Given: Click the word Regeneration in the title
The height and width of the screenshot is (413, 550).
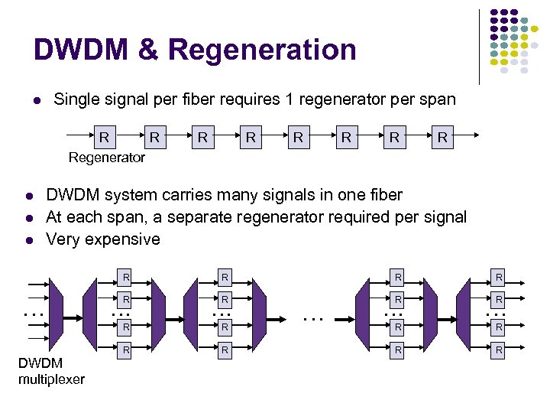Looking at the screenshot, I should [262, 50].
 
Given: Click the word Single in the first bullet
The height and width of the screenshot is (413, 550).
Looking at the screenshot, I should [77, 99].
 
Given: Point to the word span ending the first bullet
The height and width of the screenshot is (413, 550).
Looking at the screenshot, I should [438, 99].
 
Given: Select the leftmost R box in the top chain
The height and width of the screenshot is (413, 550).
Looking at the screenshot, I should [104, 138].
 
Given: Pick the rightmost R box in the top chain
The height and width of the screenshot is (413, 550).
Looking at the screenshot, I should [442, 138].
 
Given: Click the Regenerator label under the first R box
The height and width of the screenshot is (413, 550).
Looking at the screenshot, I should [106, 158].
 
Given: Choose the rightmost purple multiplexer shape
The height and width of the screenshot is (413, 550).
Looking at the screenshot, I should [462, 314].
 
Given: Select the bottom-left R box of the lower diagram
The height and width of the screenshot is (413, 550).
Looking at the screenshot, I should [127, 350].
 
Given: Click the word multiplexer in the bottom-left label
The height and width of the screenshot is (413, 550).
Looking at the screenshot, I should [51, 380].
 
